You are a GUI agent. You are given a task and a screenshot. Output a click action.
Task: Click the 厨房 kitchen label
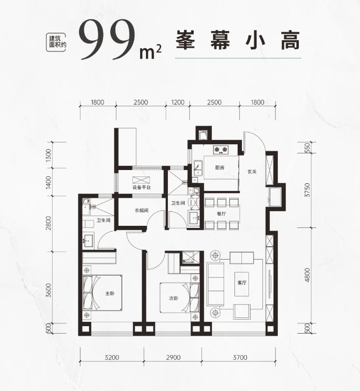click(x=219, y=167)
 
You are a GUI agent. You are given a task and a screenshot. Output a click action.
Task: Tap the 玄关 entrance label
click(x=252, y=172)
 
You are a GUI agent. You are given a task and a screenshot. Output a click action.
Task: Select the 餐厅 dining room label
click(x=221, y=213)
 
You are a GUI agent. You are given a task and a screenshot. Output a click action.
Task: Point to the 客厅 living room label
click(x=242, y=283)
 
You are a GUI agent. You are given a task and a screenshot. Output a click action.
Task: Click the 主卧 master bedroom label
click(x=110, y=293)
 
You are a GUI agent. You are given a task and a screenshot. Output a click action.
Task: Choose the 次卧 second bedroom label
click(x=174, y=298)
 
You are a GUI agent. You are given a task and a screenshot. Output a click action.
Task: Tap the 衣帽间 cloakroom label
click(x=142, y=210)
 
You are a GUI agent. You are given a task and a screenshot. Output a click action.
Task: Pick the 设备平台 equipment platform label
click(x=142, y=187)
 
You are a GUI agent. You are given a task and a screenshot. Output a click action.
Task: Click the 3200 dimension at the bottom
click(x=112, y=358)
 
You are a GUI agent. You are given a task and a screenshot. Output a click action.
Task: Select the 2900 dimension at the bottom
click(x=173, y=358)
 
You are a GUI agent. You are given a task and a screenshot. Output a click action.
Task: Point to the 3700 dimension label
click(x=240, y=358)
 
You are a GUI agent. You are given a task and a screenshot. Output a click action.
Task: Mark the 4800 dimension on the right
click(x=307, y=275)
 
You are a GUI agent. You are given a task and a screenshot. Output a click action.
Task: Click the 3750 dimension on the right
click(x=307, y=190)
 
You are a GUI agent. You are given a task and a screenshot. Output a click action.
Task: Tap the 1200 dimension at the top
click(x=178, y=102)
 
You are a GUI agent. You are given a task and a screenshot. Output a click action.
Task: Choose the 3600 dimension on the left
click(x=49, y=290)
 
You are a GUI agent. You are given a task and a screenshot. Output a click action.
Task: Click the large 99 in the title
click(x=108, y=41)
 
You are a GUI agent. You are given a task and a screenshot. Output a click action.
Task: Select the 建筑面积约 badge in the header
click(x=56, y=42)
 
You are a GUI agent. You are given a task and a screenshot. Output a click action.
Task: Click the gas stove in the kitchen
click(x=221, y=150)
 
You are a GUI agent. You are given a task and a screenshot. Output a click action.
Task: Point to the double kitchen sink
click(x=199, y=168)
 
